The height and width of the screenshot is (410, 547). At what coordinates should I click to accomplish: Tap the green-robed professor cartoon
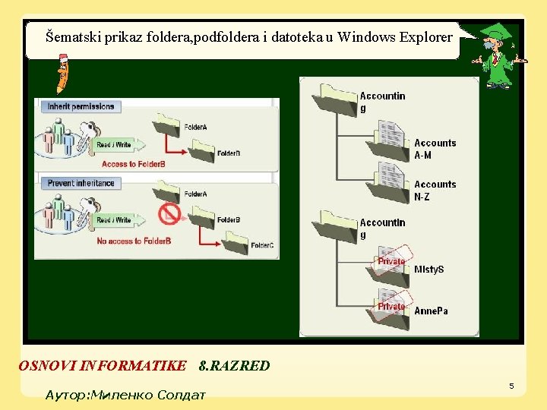coord(497,56)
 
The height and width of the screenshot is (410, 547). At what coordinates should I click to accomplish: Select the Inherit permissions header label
coord(81,106)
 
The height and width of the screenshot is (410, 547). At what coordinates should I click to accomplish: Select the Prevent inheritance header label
coord(81,183)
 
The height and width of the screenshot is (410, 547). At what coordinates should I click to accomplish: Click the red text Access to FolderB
coord(134,164)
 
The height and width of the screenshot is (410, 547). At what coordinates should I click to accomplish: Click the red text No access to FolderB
coord(134,241)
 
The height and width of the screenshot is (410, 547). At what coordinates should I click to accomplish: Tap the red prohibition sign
coord(169,215)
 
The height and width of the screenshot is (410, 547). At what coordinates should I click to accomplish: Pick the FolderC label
coord(262,246)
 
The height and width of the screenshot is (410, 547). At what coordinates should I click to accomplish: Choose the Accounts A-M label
coord(435,149)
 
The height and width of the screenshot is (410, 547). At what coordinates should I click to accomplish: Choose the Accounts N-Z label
coord(435,190)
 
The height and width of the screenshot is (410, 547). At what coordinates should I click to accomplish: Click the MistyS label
coord(429,270)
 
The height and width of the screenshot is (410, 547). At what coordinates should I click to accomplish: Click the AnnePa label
coord(431,311)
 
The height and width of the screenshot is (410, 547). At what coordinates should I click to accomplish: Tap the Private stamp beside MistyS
coord(392,260)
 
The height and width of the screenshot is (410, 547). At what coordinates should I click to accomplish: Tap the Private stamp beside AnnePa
coord(392,306)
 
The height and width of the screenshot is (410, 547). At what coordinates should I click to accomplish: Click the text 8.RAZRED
coord(233,366)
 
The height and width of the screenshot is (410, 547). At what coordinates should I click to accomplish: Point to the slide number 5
coord(511,386)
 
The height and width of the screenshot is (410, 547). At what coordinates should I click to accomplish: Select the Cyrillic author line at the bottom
coord(125,396)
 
